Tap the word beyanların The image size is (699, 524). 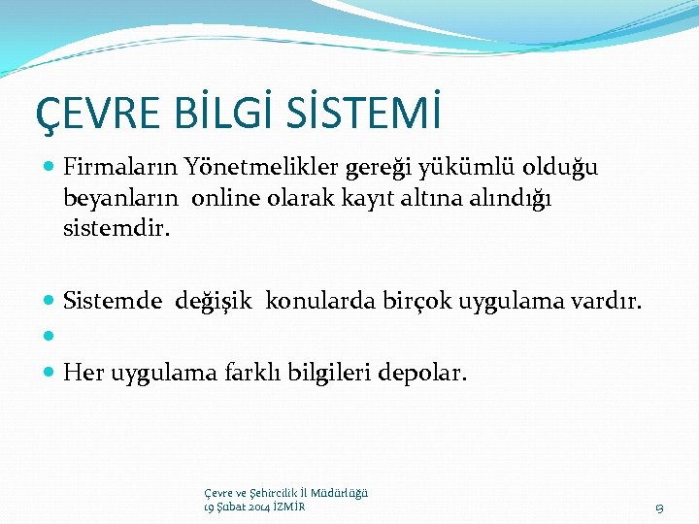pyautogui.click(x=121, y=200)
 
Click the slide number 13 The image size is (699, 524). pyautogui.click(x=659, y=508)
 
